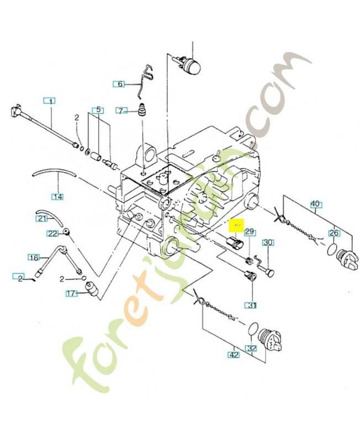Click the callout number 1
[x=50, y=101]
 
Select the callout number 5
[x=98, y=109]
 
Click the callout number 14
[x=57, y=196]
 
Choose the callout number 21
[x=43, y=218]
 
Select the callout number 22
[x=52, y=233]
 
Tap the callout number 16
[x=34, y=257]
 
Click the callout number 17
[x=71, y=293]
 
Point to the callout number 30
[x=268, y=243]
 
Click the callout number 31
[x=251, y=305]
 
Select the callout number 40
[x=315, y=204]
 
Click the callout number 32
[x=252, y=349]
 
